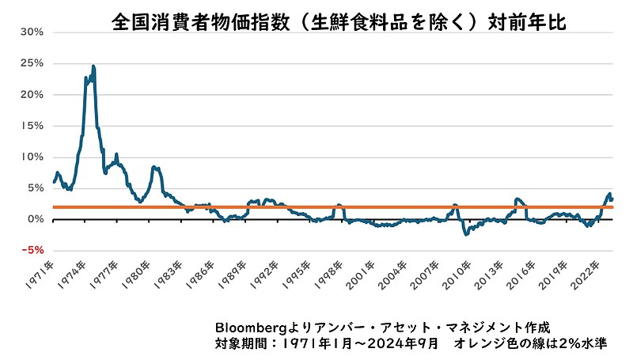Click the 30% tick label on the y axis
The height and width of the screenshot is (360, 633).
(x=33, y=32)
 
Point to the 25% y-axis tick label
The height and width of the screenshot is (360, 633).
(x=33, y=63)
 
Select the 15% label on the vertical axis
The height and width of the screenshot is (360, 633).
(x=33, y=126)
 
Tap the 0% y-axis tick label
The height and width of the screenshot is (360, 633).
(x=36, y=219)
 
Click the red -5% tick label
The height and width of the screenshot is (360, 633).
(x=33, y=251)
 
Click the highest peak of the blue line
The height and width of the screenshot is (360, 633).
(x=93, y=66)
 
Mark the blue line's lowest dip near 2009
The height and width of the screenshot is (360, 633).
(x=466, y=234)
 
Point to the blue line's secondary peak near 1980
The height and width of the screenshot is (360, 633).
(x=155, y=167)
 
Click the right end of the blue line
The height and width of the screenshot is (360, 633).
(x=612, y=199)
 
